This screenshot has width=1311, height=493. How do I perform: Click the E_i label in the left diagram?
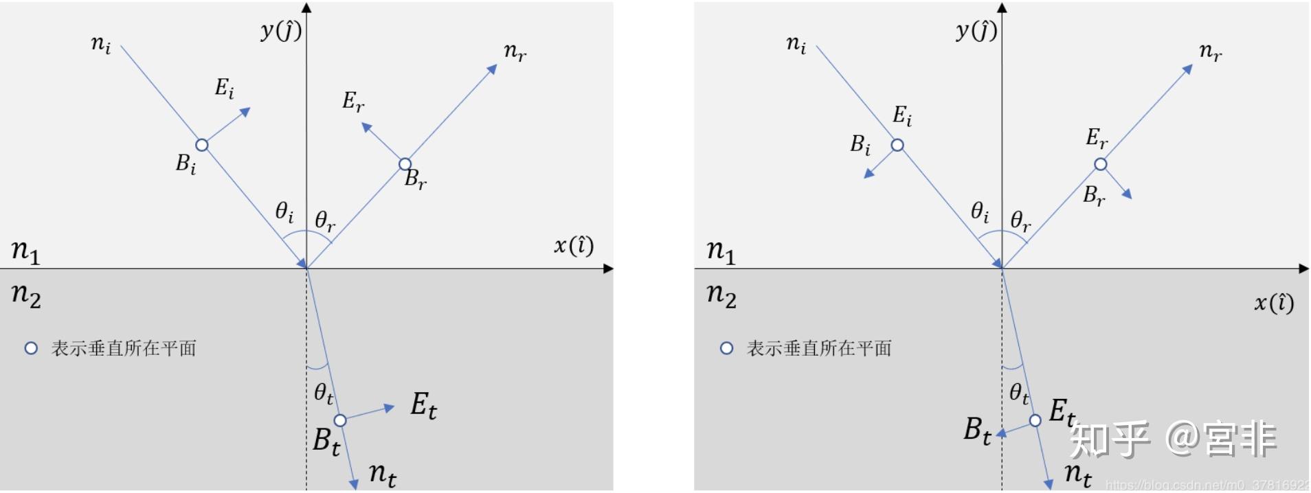pyautogui.click(x=225, y=89)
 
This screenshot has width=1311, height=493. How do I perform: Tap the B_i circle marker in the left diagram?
pyautogui.click(x=201, y=145)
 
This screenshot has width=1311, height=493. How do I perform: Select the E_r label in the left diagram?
pyautogui.click(x=353, y=102)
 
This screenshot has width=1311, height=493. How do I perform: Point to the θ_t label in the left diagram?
pyautogui.click(x=324, y=393)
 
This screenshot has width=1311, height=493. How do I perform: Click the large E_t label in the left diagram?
pyautogui.click(x=423, y=405)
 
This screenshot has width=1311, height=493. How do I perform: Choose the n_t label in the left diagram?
pyautogui.click(x=382, y=474)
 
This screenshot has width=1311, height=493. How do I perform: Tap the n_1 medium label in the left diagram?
pyautogui.click(x=26, y=251)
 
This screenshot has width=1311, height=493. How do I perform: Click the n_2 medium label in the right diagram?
pyautogui.click(x=721, y=295)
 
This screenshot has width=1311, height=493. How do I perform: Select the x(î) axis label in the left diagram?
pyautogui.click(x=574, y=246)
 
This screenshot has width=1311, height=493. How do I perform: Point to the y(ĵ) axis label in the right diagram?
pyautogui.click(x=976, y=31)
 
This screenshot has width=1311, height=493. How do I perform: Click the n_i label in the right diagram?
pyautogui.click(x=796, y=45)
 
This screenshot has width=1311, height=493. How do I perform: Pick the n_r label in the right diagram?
pyautogui.click(x=1210, y=51)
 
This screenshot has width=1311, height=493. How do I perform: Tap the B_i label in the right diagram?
pyautogui.click(x=860, y=145)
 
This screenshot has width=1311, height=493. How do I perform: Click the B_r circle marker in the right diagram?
pyautogui.click(x=1101, y=164)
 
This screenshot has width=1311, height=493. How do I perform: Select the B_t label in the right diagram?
pyautogui.click(x=977, y=431)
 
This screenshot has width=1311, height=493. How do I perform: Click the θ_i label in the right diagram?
pyautogui.click(x=981, y=212)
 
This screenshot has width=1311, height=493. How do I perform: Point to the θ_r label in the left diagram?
pyautogui.click(x=325, y=221)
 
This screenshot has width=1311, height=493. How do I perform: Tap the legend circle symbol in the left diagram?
pyautogui.click(x=31, y=348)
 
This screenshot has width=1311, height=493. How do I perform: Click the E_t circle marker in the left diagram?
pyautogui.click(x=340, y=420)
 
